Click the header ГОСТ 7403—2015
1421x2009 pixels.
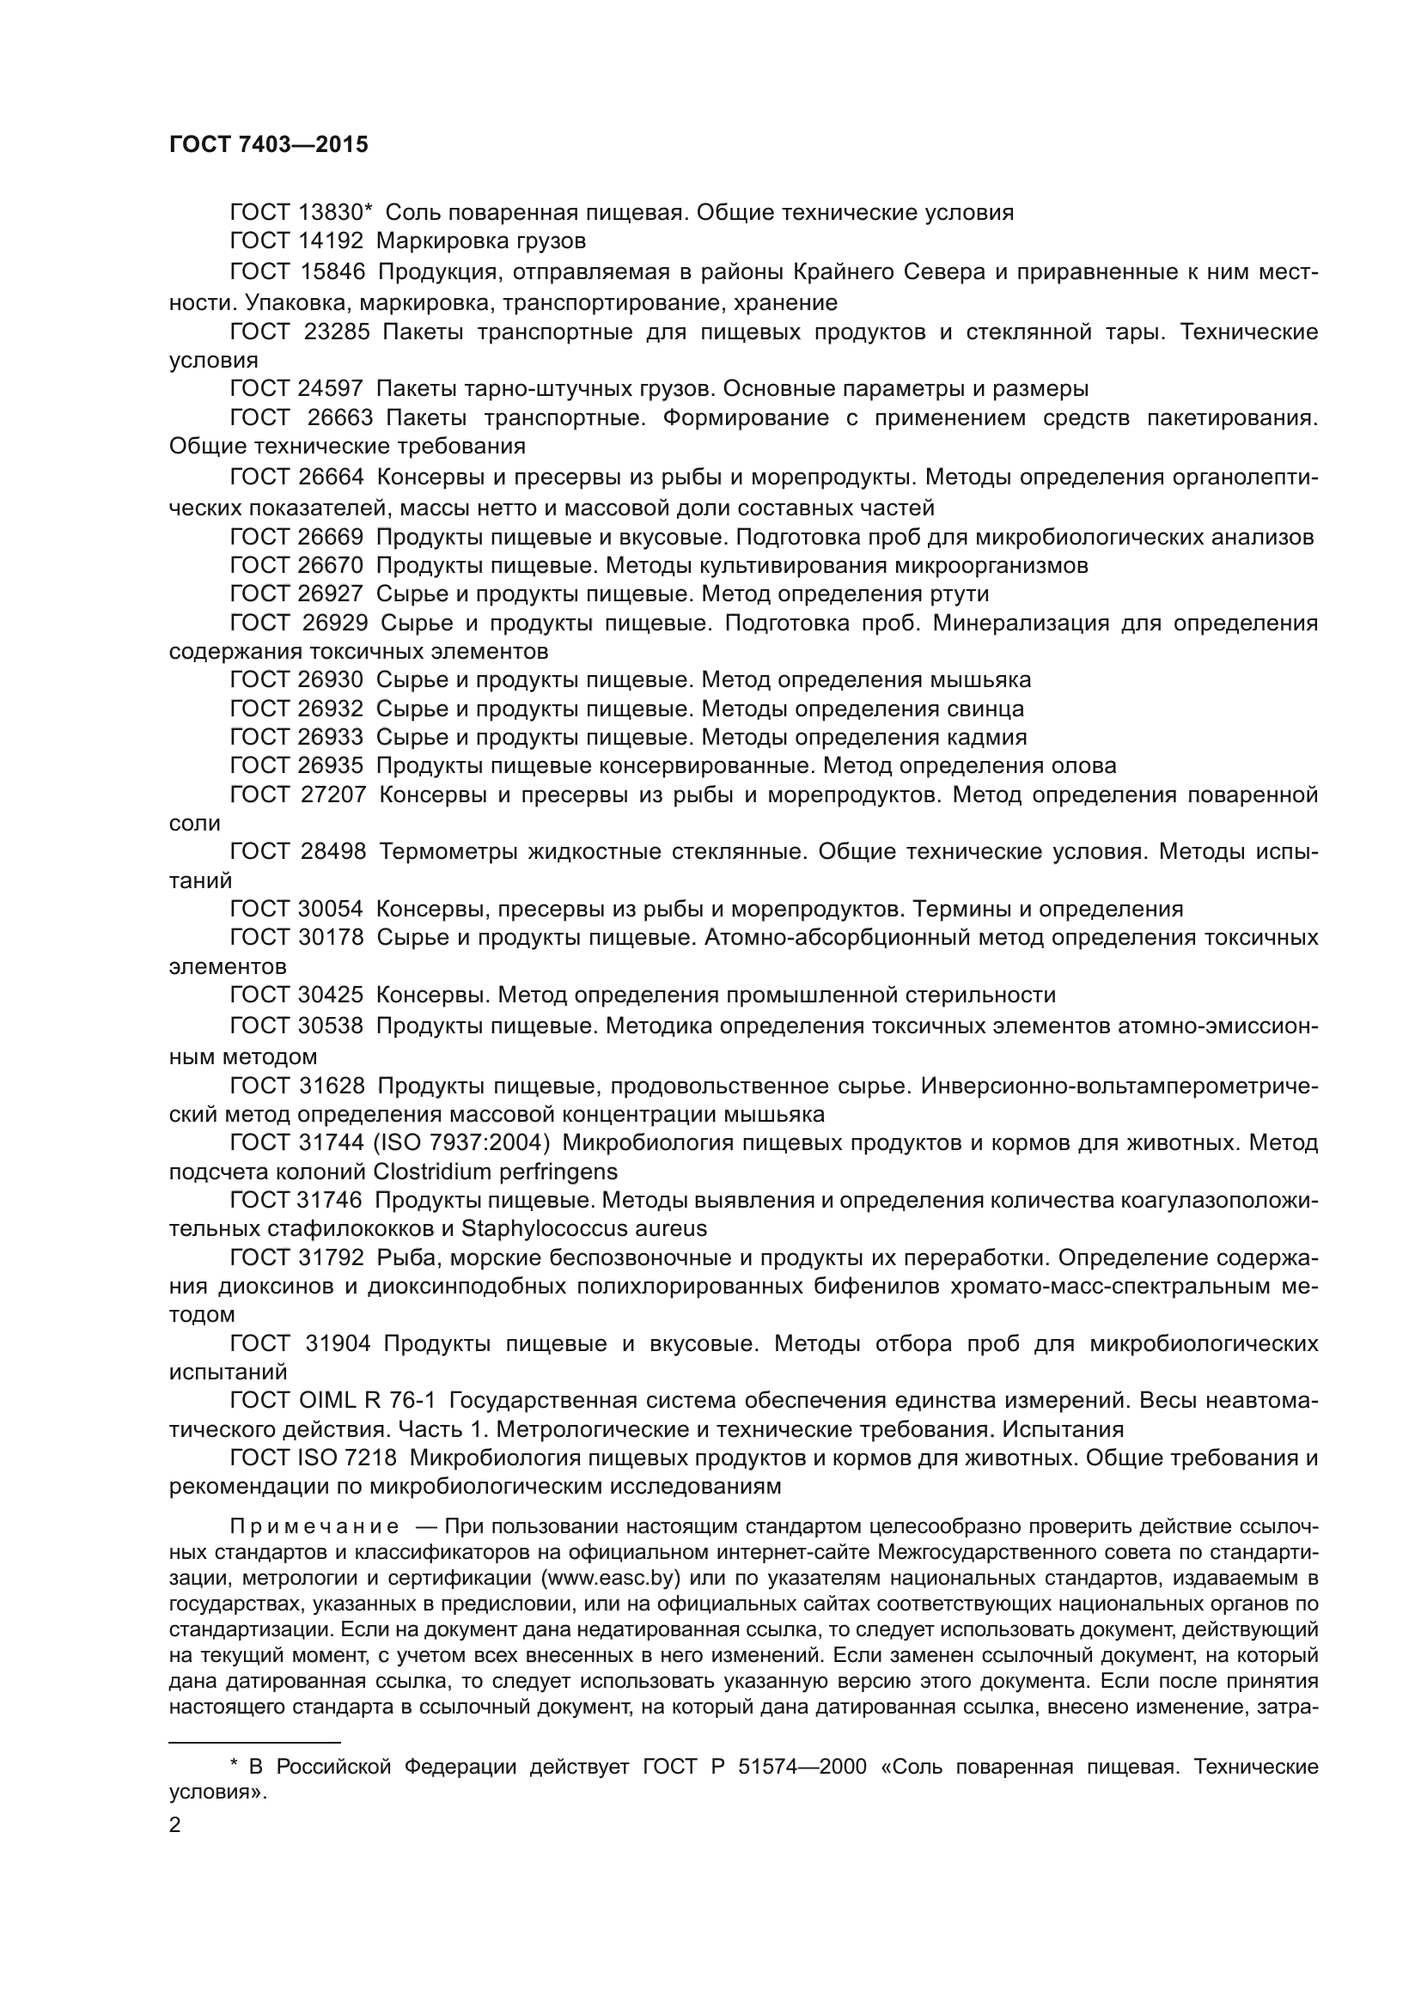[x=269, y=145]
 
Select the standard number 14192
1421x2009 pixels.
[x=331, y=240]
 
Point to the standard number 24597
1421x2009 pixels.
[x=331, y=388]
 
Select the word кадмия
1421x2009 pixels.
[x=986, y=737]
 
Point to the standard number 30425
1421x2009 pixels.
[x=331, y=995]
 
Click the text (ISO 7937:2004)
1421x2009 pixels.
[x=462, y=1142]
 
